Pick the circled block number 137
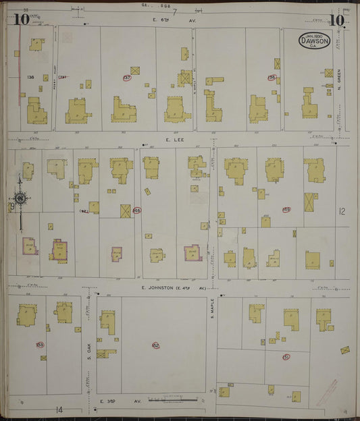127,78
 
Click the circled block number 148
137,210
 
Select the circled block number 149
286,210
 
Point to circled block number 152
156,345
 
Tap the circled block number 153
40,344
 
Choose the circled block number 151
286,356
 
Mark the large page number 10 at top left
20,20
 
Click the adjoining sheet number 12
342,212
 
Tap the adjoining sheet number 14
59,409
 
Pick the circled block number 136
272,78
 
